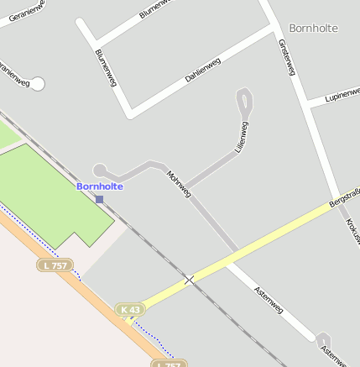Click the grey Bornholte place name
click(313, 28)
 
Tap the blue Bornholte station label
click(100, 186)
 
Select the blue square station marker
click(100, 199)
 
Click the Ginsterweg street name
click(287, 57)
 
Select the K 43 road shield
click(129, 309)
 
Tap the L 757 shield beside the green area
click(54, 265)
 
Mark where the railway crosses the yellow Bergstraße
click(190, 280)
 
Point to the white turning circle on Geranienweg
click(37, 84)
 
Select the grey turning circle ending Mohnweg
click(100, 170)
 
